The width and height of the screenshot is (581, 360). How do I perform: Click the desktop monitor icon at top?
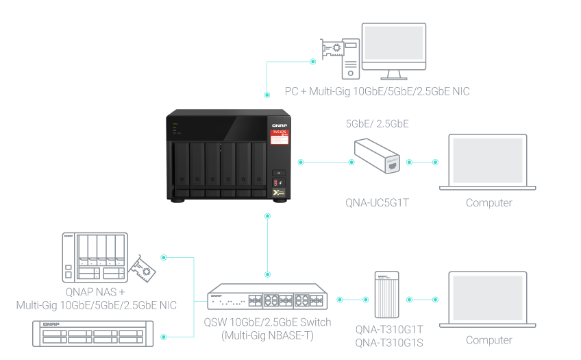click(x=393, y=48)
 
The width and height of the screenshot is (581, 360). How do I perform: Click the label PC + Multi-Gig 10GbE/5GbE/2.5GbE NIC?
click(x=377, y=91)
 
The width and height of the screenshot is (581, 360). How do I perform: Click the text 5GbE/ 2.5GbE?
click(x=377, y=124)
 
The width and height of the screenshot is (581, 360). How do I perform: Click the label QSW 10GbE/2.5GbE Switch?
click(x=267, y=322)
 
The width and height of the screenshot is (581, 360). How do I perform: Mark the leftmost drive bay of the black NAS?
click(x=182, y=165)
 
